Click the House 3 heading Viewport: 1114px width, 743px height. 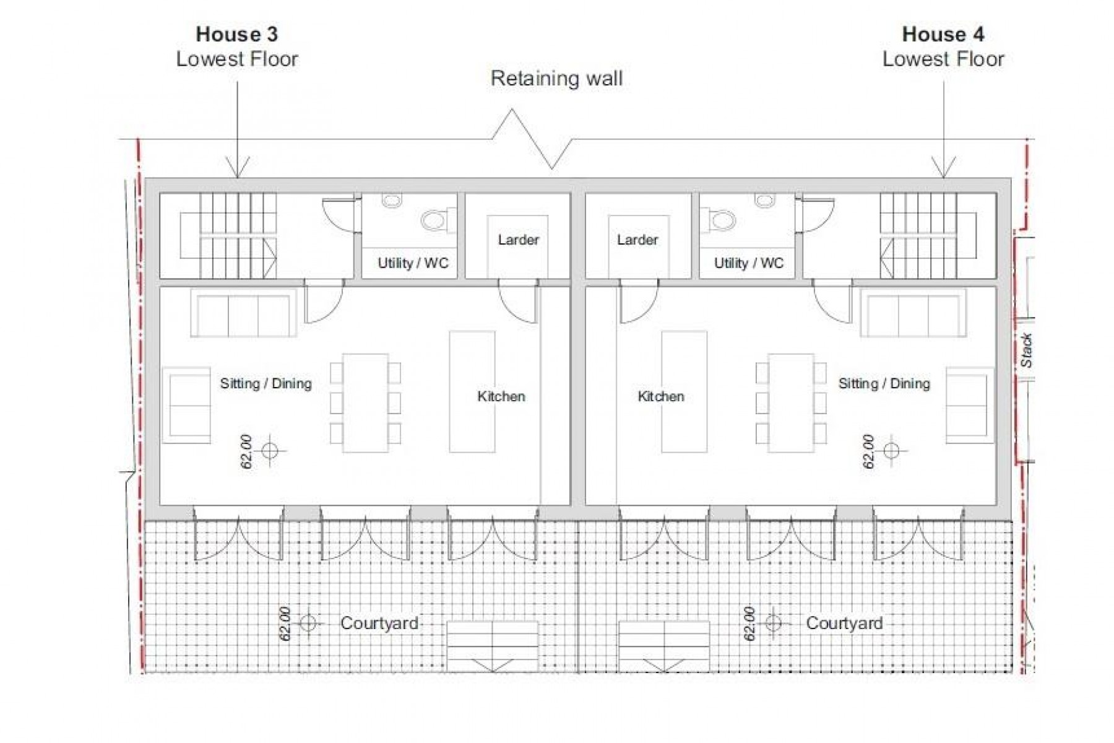(236, 34)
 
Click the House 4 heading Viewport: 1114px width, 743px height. (943, 34)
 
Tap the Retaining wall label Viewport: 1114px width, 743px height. (556, 79)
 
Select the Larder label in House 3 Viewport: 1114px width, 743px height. (518, 240)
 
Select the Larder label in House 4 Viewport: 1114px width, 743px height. (637, 240)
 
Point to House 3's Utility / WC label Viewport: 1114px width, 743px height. (413, 263)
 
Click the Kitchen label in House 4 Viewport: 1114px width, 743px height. (661, 396)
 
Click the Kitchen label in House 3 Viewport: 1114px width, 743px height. (501, 396)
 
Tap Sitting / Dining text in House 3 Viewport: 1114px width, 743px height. (266, 383)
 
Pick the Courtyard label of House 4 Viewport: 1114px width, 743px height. (844, 623)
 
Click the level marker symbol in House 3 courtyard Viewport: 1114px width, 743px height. (308, 623)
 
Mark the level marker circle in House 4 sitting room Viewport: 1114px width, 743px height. (891, 451)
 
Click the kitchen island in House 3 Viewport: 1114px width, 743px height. (472, 391)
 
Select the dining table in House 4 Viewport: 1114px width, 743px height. (790, 402)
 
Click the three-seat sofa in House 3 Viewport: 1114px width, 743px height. (243, 313)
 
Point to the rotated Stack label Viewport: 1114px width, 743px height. (1026, 350)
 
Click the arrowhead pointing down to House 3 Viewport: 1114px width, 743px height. (238, 168)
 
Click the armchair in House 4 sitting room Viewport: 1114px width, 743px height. (969, 406)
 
